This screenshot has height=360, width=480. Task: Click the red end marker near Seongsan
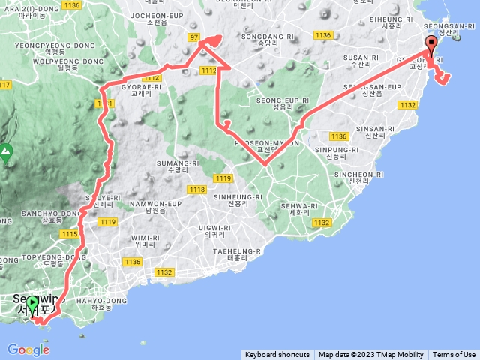tap(431, 43)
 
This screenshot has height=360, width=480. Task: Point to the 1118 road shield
tap(196, 190)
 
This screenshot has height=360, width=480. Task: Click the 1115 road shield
tap(70, 235)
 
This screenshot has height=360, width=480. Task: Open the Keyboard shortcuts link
tap(277, 355)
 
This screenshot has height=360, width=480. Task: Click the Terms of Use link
tap(454, 355)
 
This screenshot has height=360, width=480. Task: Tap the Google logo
tap(28, 349)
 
